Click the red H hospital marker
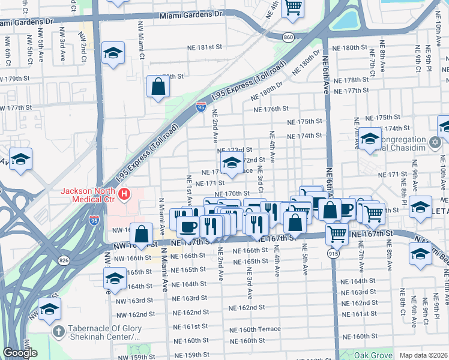pyautogui.click(x=124, y=194)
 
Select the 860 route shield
pyautogui.click(x=289, y=37)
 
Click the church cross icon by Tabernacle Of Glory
pyautogui.click(x=58, y=331)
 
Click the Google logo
pyautogui.click(x=20, y=353)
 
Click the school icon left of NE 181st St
pyautogui.click(x=113, y=53)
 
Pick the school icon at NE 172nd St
pyautogui.click(x=232, y=162)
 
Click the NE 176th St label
pyautogui.click(x=271, y=109)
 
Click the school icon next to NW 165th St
pyautogui.click(x=115, y=278)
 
